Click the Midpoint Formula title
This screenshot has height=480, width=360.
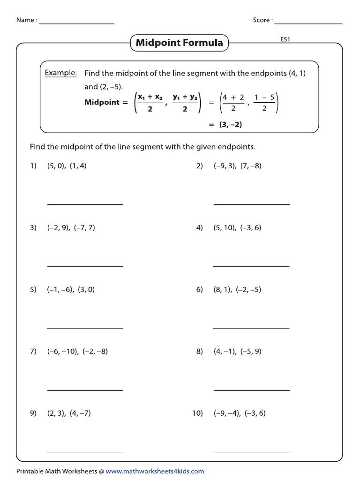pyautogui.click(x=179, y=43)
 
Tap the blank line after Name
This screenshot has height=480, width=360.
pyautogui.click(x=76, y=23)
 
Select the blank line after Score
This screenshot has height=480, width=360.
pyautogui.click(x=308, y=23)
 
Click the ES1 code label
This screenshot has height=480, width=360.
pyautogui.click(x=285, y=40)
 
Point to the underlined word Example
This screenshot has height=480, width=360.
pyautogui.click(x=60, y=73)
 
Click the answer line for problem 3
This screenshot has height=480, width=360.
pyautogui.click(x=85, y=266)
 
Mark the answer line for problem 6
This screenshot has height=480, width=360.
pyautogui.click(x=251, y=328)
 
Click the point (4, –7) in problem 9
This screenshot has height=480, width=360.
pyautogui.click(x=80, y=413)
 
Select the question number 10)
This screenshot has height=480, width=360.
pyautogui.click(x=197, y=413)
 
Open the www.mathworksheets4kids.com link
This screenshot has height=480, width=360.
pyautogui.click(x=155, y=471)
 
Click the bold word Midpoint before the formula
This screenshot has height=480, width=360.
pyautogui.click(x=102, y=102)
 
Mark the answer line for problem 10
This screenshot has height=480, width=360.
pyautogui.click(x=251, y=452)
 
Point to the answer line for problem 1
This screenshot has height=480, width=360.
pyautogui.click(x=85, y=204)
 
